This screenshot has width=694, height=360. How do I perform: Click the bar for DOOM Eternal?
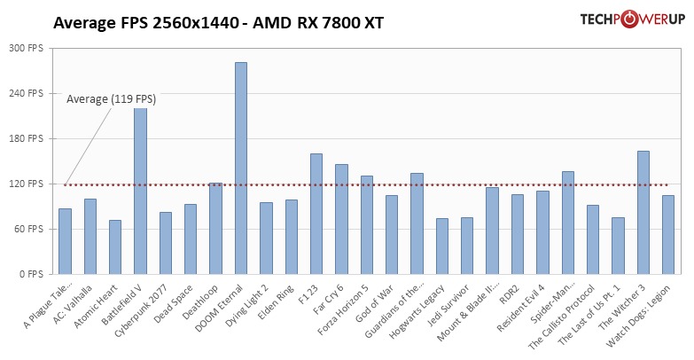pyautogui.click(x=240, y=168)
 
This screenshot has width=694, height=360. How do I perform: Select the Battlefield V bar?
pyautogui.click(x=140, y=192)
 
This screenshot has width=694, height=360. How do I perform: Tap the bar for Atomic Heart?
pyautogui.click(x=115, y=247)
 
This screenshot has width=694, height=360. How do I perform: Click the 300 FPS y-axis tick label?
pyautogui.click(x=25, y=48)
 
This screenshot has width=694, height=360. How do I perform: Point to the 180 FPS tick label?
pyautogui.click(x=25, y=138)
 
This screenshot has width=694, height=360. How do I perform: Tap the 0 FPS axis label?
pyautogui.click(x=29, y=274)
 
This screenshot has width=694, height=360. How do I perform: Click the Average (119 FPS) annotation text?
pyautogui.click(x=111, y=99)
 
